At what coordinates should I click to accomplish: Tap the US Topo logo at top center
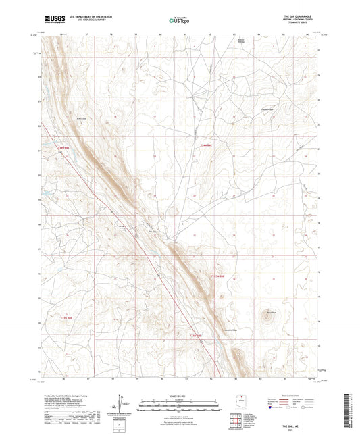point(179,20)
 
